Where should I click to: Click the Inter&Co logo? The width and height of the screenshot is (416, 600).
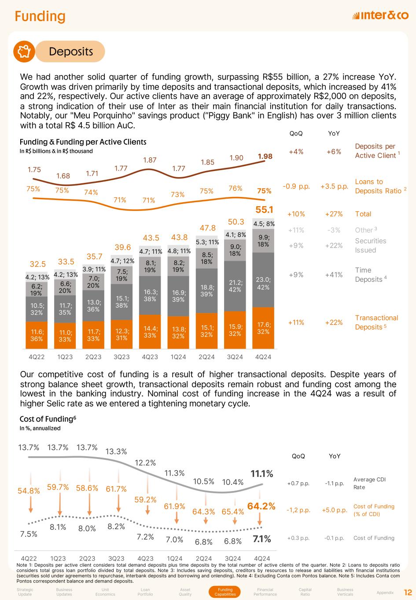click(380, 16)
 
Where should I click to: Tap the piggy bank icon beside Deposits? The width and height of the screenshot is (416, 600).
click(24, 51)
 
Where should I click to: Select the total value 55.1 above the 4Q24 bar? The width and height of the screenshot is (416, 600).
click(264, 210)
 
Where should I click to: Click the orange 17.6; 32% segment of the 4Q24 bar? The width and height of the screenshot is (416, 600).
click(263, 327)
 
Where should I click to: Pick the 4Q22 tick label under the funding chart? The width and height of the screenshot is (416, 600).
click(37, 357)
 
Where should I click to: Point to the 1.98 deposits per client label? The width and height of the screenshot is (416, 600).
click(265, 156)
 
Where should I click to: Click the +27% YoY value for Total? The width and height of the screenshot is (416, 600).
click(334, 214)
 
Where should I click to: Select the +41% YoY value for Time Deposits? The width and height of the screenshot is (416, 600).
click(334, 275)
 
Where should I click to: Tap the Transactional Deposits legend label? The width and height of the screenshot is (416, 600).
click(376, 322)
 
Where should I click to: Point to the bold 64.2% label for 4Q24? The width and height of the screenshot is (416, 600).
click(261, 506)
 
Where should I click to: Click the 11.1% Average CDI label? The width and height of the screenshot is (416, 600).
click(262, 474)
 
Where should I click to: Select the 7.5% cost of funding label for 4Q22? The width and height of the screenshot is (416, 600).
click(29, 534)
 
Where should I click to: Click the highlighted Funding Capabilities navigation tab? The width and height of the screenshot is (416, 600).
click(225, 592)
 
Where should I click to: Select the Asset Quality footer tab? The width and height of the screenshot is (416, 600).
click(185, 592)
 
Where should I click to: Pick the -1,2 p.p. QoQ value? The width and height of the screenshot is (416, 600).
click(298, 510)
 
